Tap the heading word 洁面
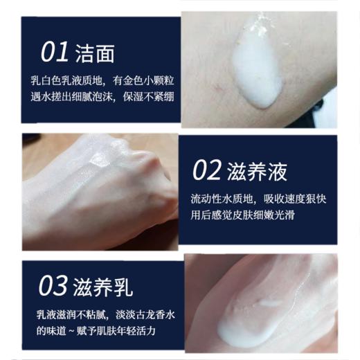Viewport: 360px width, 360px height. pyautogui.click(x=95, y=53)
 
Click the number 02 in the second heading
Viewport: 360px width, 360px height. pyautogui.click(x=206, y=170)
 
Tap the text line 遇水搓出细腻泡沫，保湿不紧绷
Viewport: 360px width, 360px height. pyautogui.click(x=99, y=96)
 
